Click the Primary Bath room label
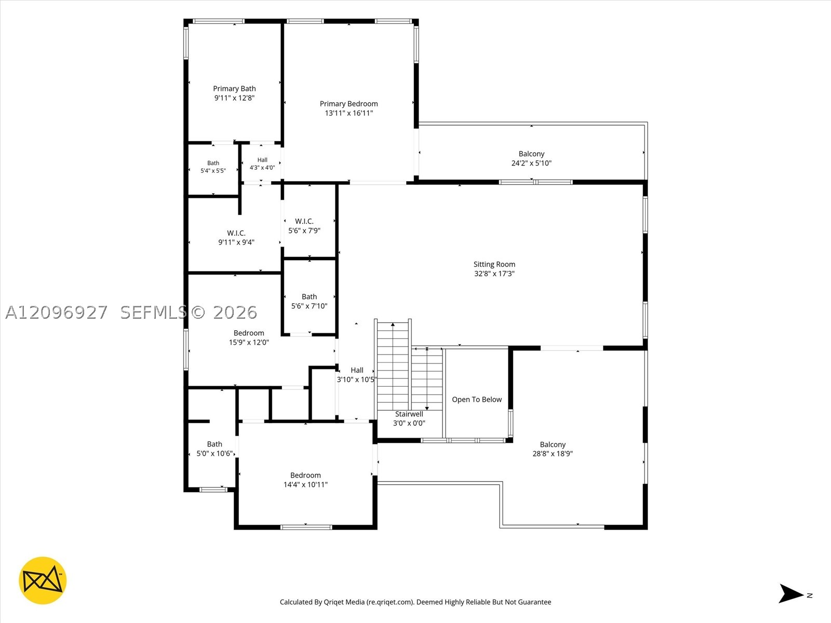[234, 88]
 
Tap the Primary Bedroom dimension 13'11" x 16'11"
[349, 113]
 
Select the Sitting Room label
[494, 264]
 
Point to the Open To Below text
[477, 399]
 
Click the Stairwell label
[409, 414]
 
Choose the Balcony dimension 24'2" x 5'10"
[531, 163]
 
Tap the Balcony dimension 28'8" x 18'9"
[553, 454]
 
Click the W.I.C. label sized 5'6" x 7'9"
[304, 221]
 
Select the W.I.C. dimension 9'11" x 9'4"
[236, 242]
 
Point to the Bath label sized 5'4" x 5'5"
[213, 163]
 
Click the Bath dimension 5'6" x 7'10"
[310, 306]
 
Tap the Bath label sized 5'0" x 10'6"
[215, 444]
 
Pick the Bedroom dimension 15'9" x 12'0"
[249, 342]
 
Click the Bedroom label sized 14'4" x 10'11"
[305, 476]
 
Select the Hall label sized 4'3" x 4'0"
[262, 160]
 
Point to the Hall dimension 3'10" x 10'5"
[357, 380]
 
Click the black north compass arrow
[790, 593]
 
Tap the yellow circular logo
[43, 580]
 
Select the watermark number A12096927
[57, 313]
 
